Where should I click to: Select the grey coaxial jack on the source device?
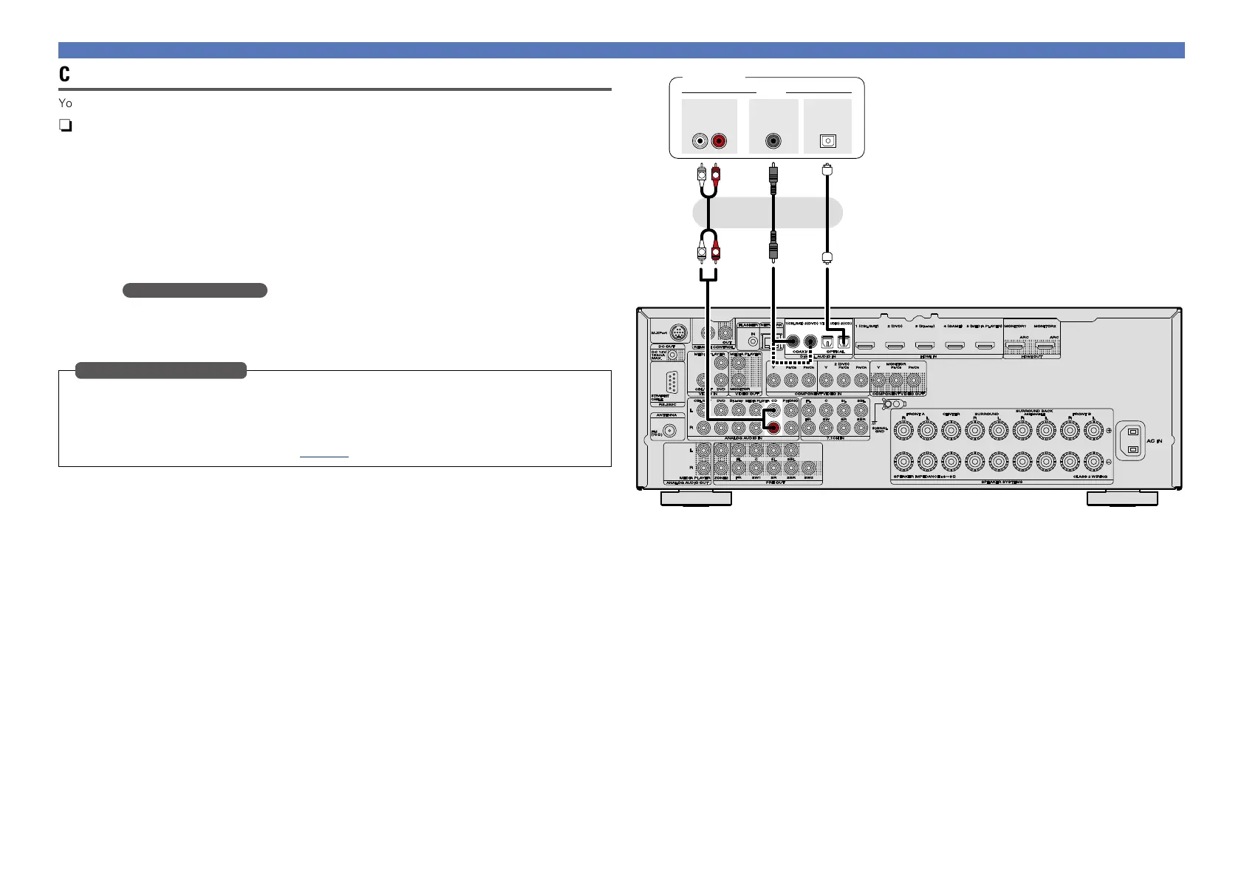click(773, 141)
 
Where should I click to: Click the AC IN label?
click(1153, 441)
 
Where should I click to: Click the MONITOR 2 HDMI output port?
click(1045, 345)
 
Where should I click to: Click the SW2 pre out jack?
click(808, 468)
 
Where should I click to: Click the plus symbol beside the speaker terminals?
click(1108, 432)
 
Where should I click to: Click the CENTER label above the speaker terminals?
click(951, 415)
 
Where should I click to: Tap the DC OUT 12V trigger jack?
click(673, 355)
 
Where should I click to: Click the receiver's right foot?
click(1122, 499)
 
